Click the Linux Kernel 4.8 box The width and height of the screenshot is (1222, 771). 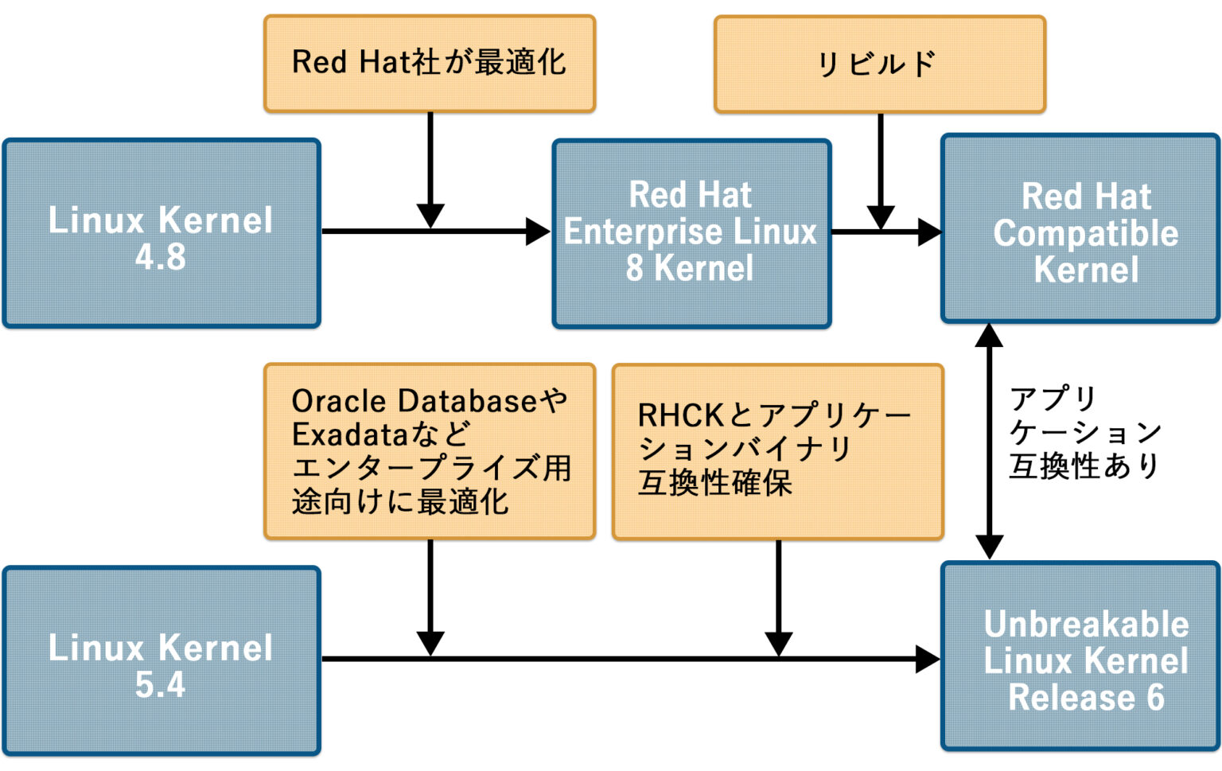click(x=162, y=233)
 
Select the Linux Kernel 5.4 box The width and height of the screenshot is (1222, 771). click(x=162, y=660)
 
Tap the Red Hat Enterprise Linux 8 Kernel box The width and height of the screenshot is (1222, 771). click(x=691, y=233)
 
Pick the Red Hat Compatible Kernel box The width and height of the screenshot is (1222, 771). click(x=1080, y=229)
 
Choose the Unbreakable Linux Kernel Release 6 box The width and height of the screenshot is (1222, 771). click(x=1080, y=657)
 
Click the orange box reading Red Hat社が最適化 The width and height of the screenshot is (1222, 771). click(x=430, y=64)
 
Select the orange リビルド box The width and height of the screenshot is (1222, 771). click(x=879, y=64)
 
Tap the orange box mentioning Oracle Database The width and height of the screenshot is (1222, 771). click(x=430, y=451)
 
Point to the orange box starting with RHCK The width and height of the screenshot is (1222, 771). click(x=777, y=451)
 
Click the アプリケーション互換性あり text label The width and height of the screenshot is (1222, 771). click(x=1084, y=432)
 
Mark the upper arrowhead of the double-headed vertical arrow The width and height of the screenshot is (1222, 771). click(x=989, y=336)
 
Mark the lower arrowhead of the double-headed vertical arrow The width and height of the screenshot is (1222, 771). click(x=989, y=547)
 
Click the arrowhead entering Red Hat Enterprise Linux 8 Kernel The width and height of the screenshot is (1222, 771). click(x=538, y=232)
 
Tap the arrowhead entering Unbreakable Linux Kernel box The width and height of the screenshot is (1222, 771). click(x=927, y=659)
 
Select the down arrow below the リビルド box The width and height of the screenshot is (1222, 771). click(x=880, y=215)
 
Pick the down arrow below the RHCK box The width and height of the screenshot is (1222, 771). click(x=778, y=641)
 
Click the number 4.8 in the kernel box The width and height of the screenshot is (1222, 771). click(x=160, y=257)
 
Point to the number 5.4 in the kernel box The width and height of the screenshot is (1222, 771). click(x=160, y=685)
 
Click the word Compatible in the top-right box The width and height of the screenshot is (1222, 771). click(x=1085, y=233)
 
